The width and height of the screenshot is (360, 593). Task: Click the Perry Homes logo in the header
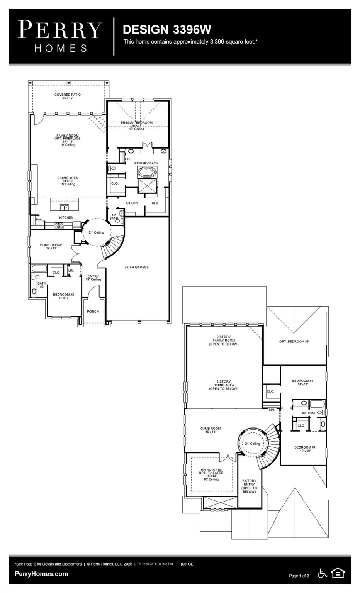(60, 36)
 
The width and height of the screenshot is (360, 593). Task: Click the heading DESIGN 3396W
(166, 29)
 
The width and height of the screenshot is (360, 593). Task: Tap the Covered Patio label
(68, 96)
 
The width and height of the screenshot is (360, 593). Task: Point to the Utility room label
(132, 203)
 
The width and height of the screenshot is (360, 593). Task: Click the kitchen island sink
(64, 207)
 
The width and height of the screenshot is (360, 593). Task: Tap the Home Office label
(51, 246)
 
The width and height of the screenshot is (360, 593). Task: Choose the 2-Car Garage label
(136, 267)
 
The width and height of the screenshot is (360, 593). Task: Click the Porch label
(93, 312)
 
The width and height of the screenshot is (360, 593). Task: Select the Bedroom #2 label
(63, 296)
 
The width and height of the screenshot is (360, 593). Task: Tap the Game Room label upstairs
(211, 430)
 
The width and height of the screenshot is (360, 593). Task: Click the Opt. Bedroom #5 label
(294, 341)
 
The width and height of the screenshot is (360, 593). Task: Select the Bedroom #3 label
(302, 382)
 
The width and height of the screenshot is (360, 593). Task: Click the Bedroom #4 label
(305, 449)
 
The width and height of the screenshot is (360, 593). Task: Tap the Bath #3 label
(308, 413)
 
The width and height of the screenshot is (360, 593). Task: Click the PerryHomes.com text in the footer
(41, 574)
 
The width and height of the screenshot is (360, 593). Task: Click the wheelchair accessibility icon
(322, 573)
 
